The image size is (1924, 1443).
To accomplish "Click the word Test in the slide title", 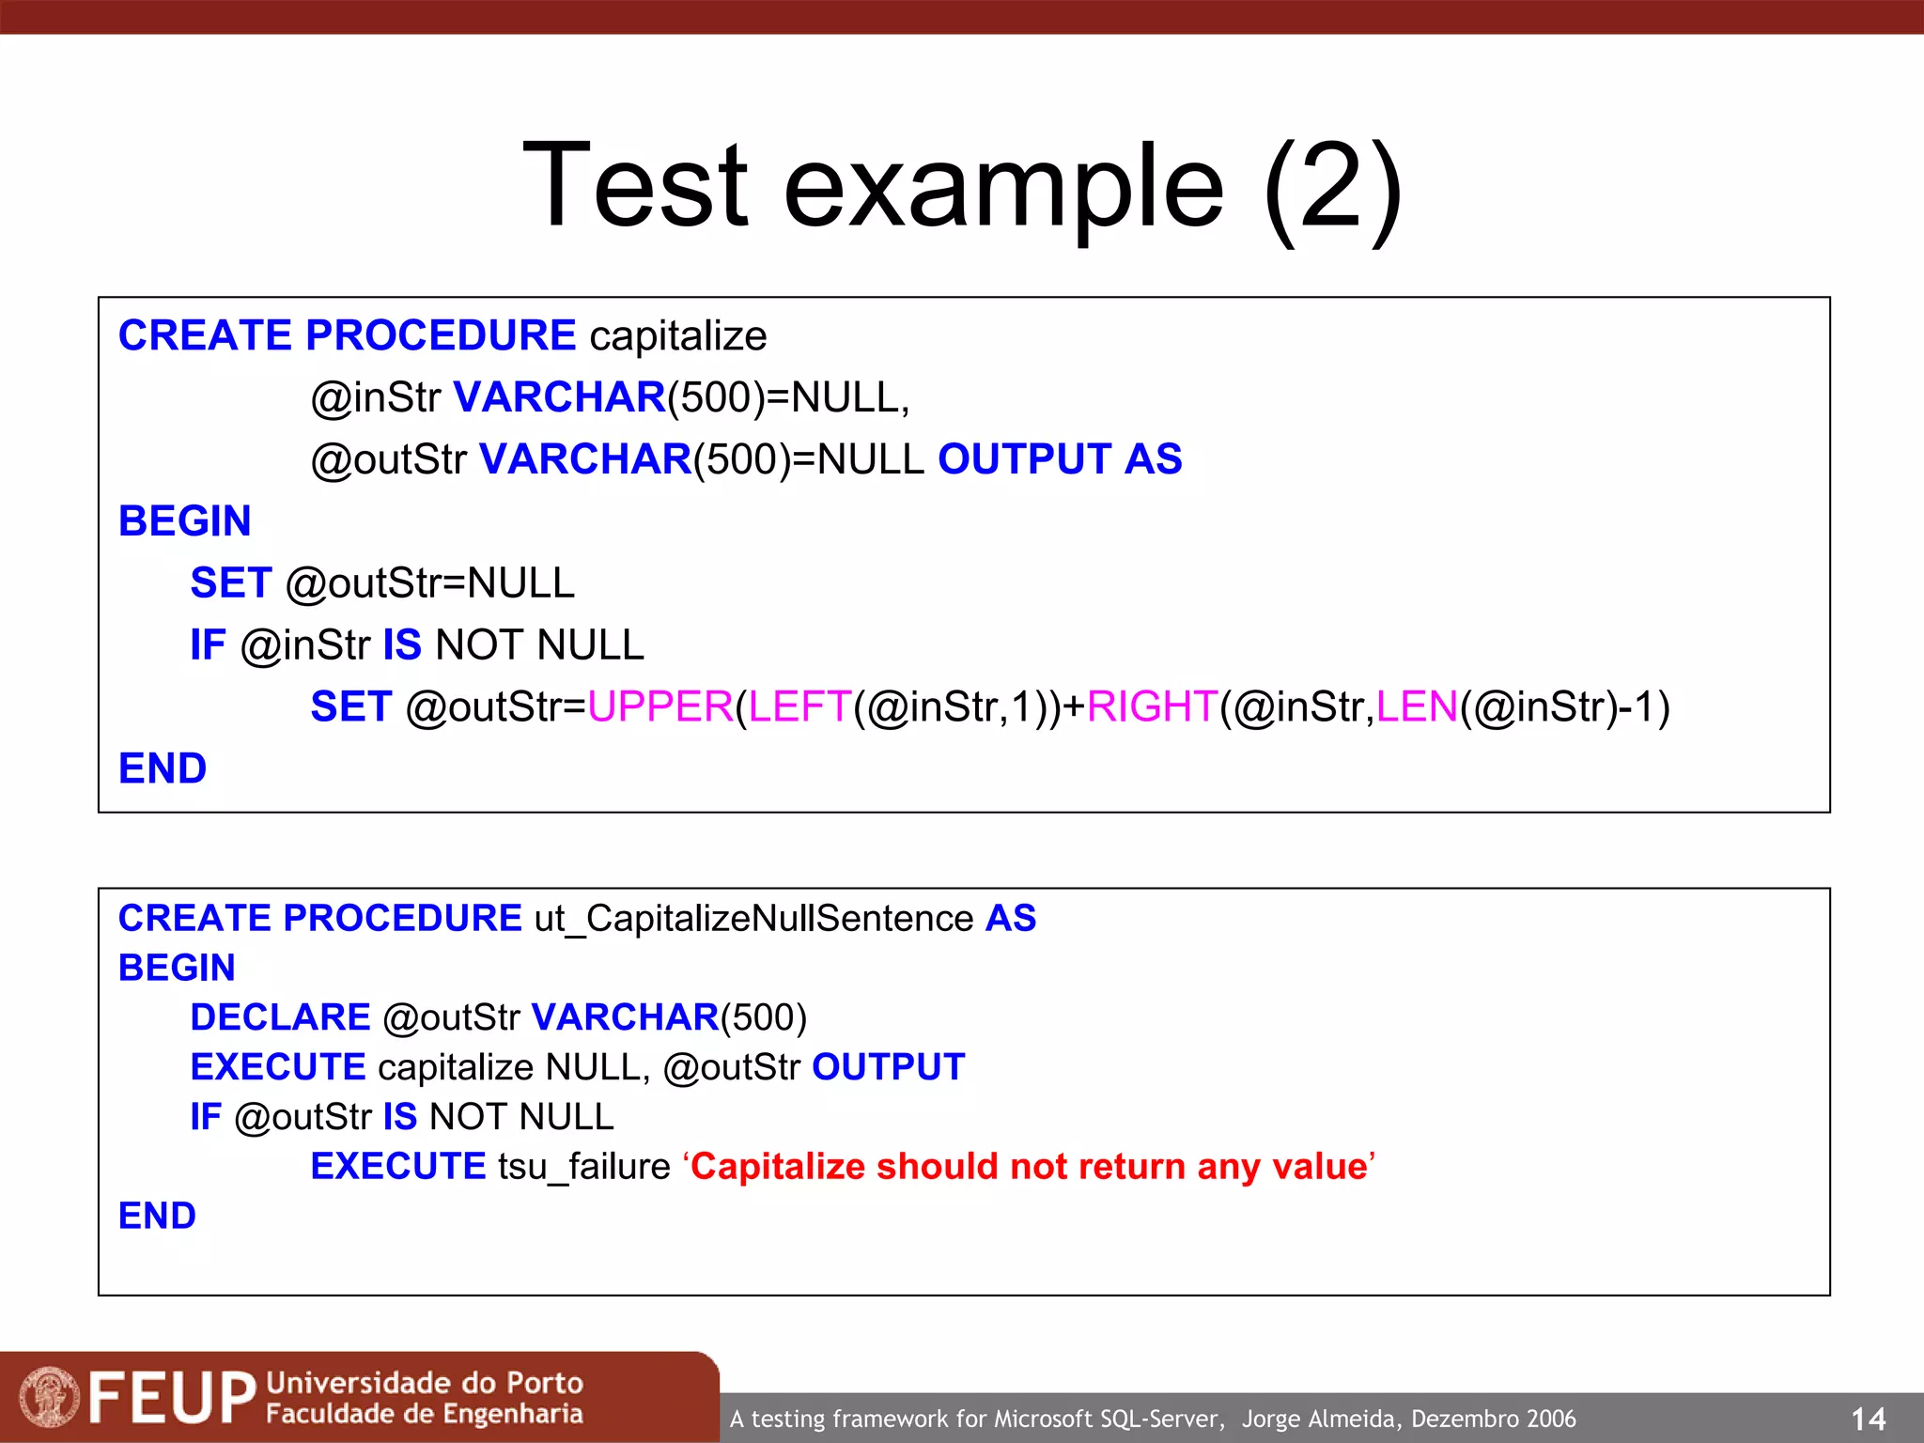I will coord(635,185).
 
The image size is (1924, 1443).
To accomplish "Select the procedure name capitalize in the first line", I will coord(677,336).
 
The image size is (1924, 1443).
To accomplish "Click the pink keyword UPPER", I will coord(659,706).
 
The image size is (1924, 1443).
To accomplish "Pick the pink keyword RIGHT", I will coord(1152,706).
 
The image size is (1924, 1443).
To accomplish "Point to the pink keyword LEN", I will coord(1417,706).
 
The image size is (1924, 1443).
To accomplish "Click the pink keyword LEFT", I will coord(799,706).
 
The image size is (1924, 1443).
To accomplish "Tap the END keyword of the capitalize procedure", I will coord(163,768).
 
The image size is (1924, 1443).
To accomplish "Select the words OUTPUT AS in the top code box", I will coord(1060,459).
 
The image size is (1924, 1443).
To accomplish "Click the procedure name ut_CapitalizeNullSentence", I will coord(753,919).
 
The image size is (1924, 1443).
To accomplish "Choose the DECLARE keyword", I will coord(280,1017).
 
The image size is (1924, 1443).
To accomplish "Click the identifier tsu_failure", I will coord(583,1167).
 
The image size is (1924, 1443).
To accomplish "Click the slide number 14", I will coord(1868,1419).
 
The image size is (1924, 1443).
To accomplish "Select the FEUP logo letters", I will coord(172,1398).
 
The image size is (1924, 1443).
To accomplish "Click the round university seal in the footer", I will coord(50,1397).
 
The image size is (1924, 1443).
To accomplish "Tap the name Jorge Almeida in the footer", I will coord(1322,1419).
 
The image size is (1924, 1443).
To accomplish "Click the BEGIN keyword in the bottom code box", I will coord(177,968).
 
